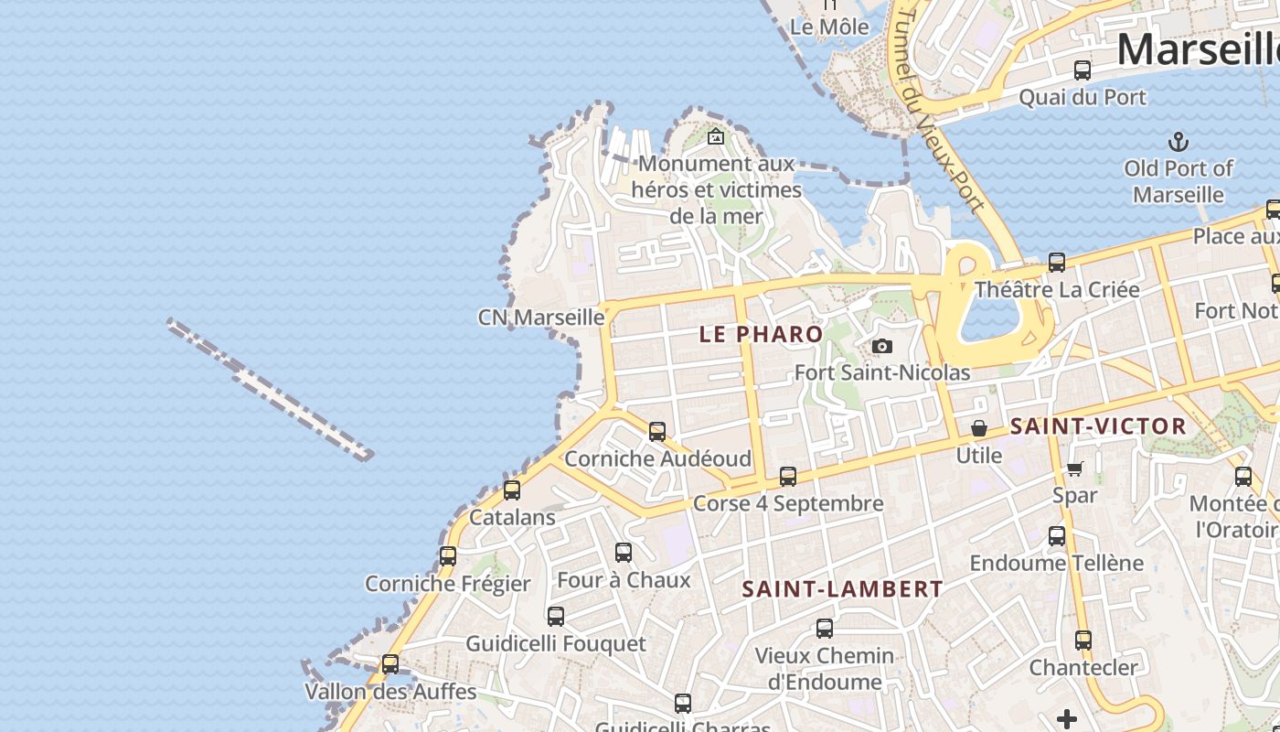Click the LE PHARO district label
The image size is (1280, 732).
tap(761, 334)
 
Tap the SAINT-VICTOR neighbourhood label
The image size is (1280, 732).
tap(1098, 426)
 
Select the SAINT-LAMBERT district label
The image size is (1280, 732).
tap(842, 589)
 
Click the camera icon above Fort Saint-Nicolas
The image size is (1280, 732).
tap(882, 346)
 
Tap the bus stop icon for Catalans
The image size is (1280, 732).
tap(512, 490)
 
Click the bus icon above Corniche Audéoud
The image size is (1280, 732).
tap(657, 432)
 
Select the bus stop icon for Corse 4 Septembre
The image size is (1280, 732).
tap(788, 477)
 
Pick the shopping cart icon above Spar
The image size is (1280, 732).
tap(1074, 469)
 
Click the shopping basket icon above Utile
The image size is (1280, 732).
tap(979, 428)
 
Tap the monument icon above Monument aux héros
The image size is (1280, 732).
tap(716, 137)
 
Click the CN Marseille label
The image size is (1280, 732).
tap(541, 318)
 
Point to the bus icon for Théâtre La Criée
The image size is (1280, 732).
tap(1057, 263)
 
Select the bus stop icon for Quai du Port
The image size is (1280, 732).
tap(1083, 70)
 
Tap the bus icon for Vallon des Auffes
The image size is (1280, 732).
tap(390, 664)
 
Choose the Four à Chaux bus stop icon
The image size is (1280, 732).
tap(624, 553)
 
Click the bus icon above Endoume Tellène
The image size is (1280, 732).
tap(1057, 536)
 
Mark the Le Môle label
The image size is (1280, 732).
tap(829, 27)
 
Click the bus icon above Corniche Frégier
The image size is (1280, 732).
tap(448, 556)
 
